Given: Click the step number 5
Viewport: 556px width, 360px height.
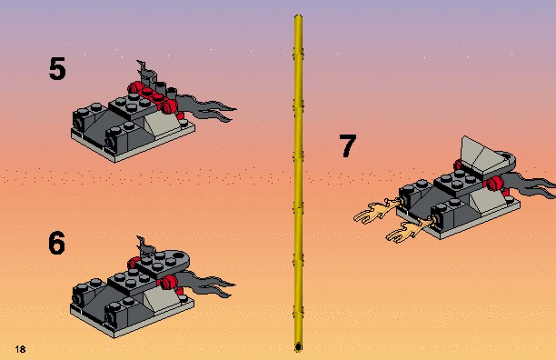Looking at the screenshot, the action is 57,68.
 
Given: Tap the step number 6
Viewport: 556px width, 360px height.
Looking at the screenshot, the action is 56,243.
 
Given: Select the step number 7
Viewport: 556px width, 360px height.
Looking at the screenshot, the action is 347,145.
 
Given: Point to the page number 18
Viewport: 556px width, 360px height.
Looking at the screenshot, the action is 20,349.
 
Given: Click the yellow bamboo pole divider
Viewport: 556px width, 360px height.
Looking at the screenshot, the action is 298,184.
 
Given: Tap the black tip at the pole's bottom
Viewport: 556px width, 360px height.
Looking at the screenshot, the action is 298,347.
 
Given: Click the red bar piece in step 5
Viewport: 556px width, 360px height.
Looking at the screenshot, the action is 153,96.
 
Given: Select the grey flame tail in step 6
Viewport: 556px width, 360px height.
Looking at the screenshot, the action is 205,283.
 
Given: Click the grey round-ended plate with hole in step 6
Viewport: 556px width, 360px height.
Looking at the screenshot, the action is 164,263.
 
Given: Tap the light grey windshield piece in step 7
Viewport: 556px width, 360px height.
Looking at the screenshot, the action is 485,156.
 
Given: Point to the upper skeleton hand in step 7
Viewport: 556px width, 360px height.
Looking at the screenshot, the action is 377,210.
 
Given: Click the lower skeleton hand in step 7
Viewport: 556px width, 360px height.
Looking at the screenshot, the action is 408,229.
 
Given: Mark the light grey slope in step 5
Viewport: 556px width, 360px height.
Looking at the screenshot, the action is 161,123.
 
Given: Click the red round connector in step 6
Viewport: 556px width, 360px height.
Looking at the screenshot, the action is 168,283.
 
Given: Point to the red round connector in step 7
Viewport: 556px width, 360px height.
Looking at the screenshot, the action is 495,183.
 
